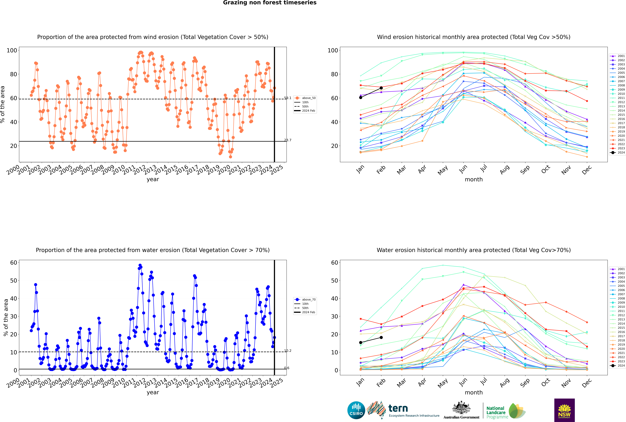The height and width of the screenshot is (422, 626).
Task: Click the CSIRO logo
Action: pos(356,410)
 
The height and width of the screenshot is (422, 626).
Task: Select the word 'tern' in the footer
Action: pos(398,408)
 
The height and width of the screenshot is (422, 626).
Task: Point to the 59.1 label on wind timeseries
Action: pos(288,98)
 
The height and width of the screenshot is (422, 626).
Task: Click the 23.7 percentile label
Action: pos(288,140)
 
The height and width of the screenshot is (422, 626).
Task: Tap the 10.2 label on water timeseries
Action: pos(288,351)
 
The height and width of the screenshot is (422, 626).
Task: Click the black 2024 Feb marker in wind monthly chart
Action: pos(381,88)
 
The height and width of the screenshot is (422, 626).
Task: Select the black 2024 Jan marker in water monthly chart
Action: pos(361,343)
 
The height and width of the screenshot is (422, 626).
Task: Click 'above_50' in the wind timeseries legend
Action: pos(309,98)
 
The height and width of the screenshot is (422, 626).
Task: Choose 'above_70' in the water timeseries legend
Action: pos(309,300)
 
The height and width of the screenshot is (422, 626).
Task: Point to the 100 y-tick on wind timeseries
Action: pos(12,50)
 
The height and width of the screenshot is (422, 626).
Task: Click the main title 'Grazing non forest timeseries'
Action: pos(270,3)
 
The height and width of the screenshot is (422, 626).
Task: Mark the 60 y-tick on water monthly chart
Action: pos(335,263)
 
